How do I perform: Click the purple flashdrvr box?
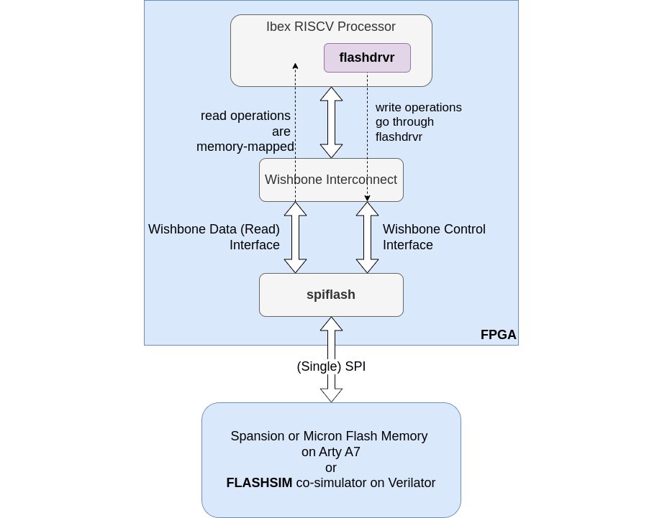(x=367, y=57)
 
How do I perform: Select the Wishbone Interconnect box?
(x=331, y=180)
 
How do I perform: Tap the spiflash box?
(x=331, y=295)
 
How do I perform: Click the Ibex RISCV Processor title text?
(x=331, y=27)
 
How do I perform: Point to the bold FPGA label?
(x=498, y=335)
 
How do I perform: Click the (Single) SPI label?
(x=331, y=366)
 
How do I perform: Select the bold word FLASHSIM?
(x=259, y=483)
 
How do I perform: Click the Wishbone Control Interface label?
(x=434, y=237)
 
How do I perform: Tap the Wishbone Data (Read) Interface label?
(x=214, y=237)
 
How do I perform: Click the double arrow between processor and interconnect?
(x=331, y=122)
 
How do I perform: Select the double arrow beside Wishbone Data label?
(x=295, y=237)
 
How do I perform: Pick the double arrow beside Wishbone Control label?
(x=367, y=237)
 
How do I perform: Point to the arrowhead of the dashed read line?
(x=295, y=66)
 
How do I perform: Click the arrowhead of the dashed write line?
(x=367, y=198)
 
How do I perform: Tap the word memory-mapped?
(x=245, y=147)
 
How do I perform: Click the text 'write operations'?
(x=418, y=107)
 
